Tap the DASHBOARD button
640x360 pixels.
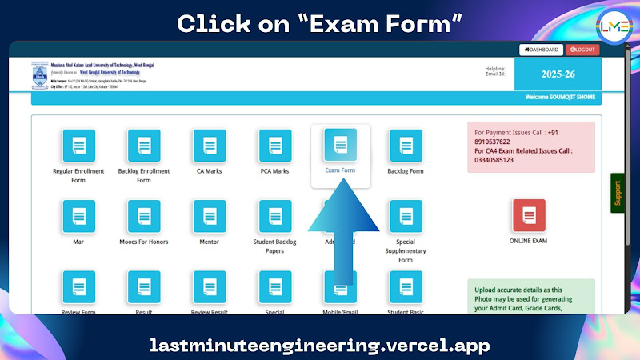(x=540, y=50)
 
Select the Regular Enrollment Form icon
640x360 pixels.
(x=78, y=146)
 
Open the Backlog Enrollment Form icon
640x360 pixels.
(x=144, y=146)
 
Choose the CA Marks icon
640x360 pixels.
(x=210, y=146)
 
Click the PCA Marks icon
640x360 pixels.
(x=275, y=146)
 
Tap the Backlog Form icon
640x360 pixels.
(x=406, y=146)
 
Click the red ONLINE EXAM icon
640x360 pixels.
(x=529, y=216)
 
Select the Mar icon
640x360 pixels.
(x=78, y=216)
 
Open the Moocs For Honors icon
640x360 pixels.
(x=144, y=216)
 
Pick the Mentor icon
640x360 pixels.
(x=210, y=216)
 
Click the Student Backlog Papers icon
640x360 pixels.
(x=275, y=216)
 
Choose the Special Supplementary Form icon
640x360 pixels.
(x=406, y=216)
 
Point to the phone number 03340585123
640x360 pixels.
(x=494, y=160)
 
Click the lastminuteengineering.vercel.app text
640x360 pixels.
(x=320, y=346)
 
